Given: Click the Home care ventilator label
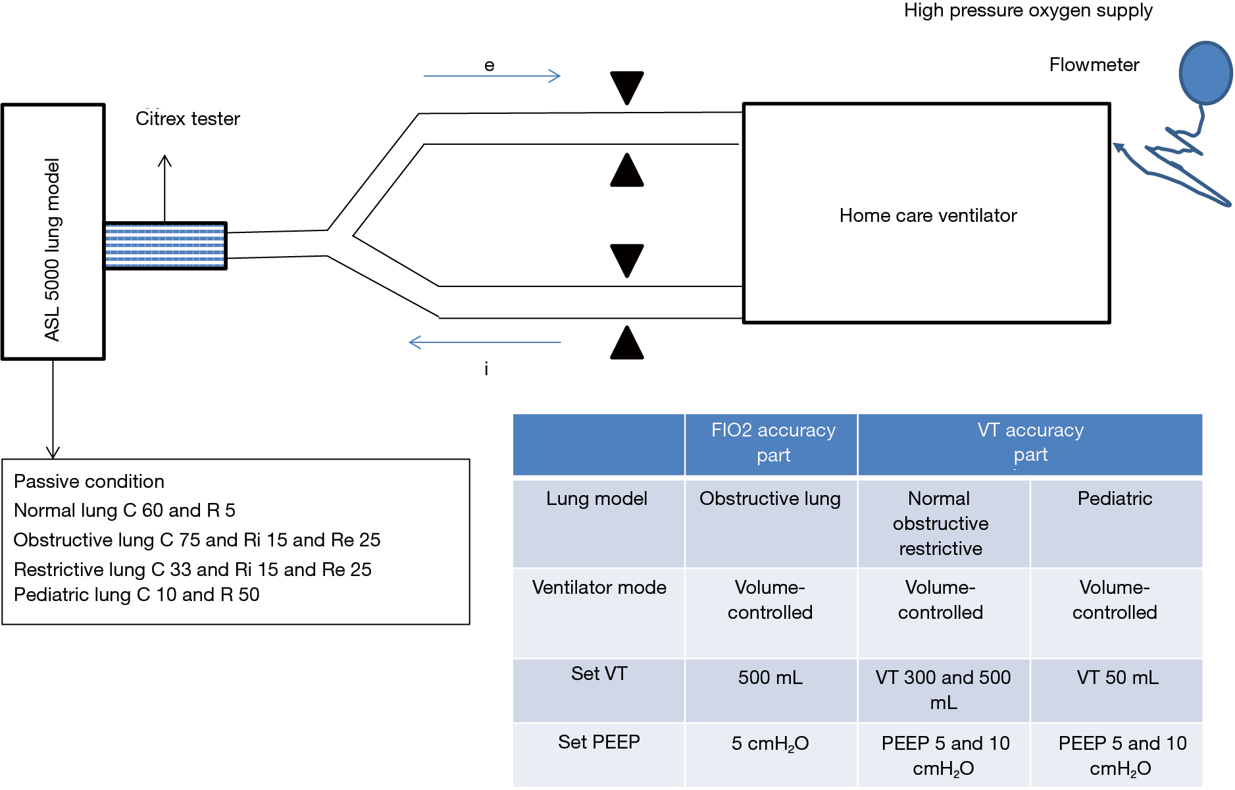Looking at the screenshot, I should pyautogui.click(x=928, y=215).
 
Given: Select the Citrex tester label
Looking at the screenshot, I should pyautogui.click(x=188, y=118).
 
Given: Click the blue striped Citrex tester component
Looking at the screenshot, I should pyautogui.click(x=165, y=246).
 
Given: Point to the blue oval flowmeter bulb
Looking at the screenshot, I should pyautogui.click(x=1205, y=73).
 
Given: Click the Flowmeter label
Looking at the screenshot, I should pyautogui.click(x=1094, y=65).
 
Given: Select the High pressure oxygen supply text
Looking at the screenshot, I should pyautogui.click(x=1028, y=11).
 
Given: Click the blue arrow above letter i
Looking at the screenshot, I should pyautogui.click(x=485, y=342).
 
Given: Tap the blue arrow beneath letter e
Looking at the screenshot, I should pyautogui.click(x=491, y=76).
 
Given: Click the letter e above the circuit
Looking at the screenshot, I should pyautogui.click(x=489, y=65).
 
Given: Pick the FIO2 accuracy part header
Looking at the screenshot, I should pyautogui.click(x=773, y=442).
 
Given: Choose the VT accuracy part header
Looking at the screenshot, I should pyautogui.click(x=1030, y=442).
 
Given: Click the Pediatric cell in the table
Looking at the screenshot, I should pyautogui.click(x=1115, y=498).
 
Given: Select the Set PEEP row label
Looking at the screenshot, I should pyautogui.click(x=599, y=742).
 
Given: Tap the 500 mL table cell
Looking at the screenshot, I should pyautogui.click(x=770, y=677).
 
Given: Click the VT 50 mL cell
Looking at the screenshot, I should pyautogui.click(x=1117, y=677).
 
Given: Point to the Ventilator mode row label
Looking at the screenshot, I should pyautogui.click(x=599, y=587).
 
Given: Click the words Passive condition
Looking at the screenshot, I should pyautogui.click(x=89, y=481).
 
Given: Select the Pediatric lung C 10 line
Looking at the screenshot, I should pyautogui.click(x=136, y=594).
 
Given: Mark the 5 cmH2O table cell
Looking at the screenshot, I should pyautogui.click(x=770, y=744).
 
